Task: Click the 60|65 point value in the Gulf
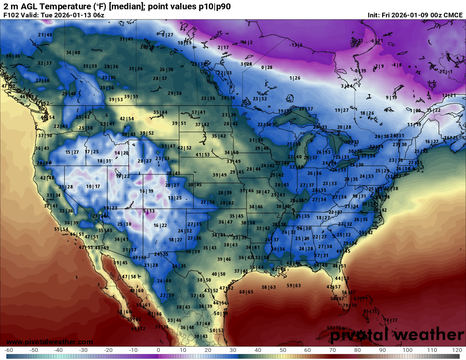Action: [x=246, y=292]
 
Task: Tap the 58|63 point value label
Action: [x=269, y=287]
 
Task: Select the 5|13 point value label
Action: [x=149, y=211]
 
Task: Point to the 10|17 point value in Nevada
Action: [x=93, y=186]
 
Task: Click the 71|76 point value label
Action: [x=161, y=327]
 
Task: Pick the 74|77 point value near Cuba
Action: [x=390, y=320]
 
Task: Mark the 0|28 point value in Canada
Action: [x=267, y=67]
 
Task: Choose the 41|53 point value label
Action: [x=202, y=155]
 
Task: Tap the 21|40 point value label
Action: [x=45, y=35]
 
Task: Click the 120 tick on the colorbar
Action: [x=457, y=350]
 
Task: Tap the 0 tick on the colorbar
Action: [x=158, y=350]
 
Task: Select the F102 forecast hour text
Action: [x=11, y=15]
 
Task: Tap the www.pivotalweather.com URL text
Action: [x=50, y=342]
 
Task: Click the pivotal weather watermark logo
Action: [x=397, y=335]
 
